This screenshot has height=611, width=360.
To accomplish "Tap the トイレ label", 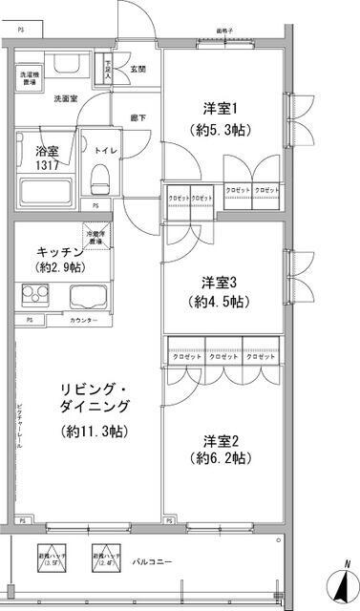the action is (x=105, y=149).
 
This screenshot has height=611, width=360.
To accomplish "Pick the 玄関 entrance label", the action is (x=138, y=68).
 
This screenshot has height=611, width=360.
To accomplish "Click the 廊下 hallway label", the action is (x=138, y=117).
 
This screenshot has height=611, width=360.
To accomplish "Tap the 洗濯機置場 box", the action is (x=29, y=77).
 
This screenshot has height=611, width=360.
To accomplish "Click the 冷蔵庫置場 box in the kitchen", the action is (x=95, y=237).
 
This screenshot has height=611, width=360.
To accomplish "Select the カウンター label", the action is (x=84, y=320).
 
